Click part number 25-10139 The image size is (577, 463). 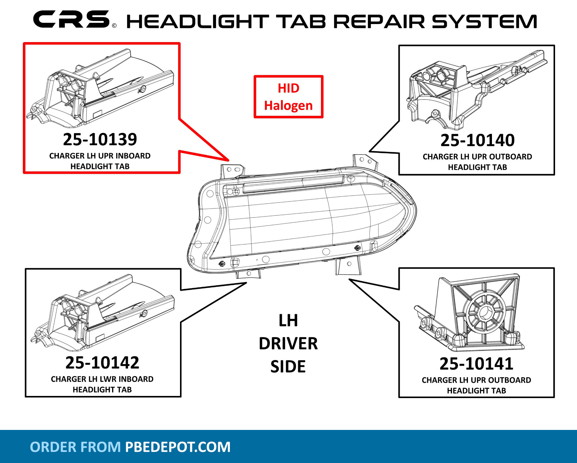coord(100,140)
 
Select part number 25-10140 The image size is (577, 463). coord(477,140)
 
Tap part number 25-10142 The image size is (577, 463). coord(102,363)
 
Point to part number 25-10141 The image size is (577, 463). coord(476,364)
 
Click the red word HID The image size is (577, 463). coord(288,88)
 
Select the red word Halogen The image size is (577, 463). coord(288,106)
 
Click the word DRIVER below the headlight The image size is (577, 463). coord(288,344)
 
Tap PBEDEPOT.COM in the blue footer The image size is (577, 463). coord(178,447)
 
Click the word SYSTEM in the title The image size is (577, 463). coord(484,22)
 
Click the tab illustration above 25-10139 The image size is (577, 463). coord(102,87)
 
